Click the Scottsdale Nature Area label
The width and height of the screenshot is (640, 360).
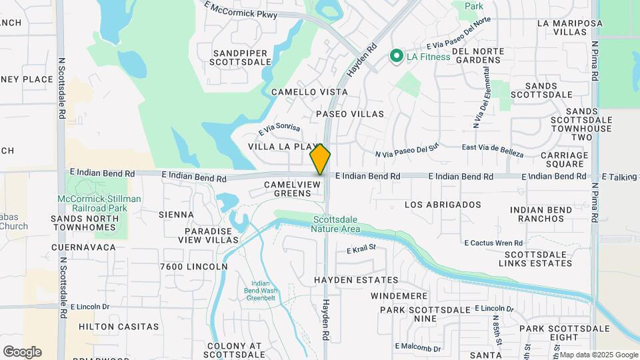pyautogui.click(x=336, y=224)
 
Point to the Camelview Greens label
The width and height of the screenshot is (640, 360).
pyautogui.click(x=287, y=189)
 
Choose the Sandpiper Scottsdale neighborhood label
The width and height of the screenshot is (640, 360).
pyautogui.click(x=240, y=57)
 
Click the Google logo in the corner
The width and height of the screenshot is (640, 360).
pyautogui.click(x=22, y=352)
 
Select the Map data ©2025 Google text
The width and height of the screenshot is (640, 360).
pyautogui.click(x=598, y=355)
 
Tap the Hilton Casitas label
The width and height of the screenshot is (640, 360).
pyautogui.click(x=119, y=327)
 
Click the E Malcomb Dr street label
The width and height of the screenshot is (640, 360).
pyautogui.click(x=418, y=347)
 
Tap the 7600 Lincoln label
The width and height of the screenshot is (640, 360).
pyautogui.click(x=194, y=267)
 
